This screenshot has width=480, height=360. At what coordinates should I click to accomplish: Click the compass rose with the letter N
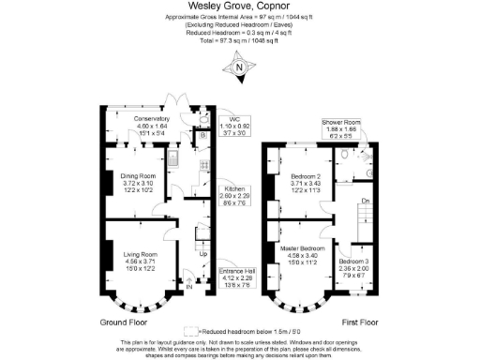tap(241, 67)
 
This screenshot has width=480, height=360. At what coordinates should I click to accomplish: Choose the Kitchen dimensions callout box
tap(234, 195)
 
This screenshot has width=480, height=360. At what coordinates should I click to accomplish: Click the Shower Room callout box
tap(340, 128)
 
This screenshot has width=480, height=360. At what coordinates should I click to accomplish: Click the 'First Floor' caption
tap(351, 322)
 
